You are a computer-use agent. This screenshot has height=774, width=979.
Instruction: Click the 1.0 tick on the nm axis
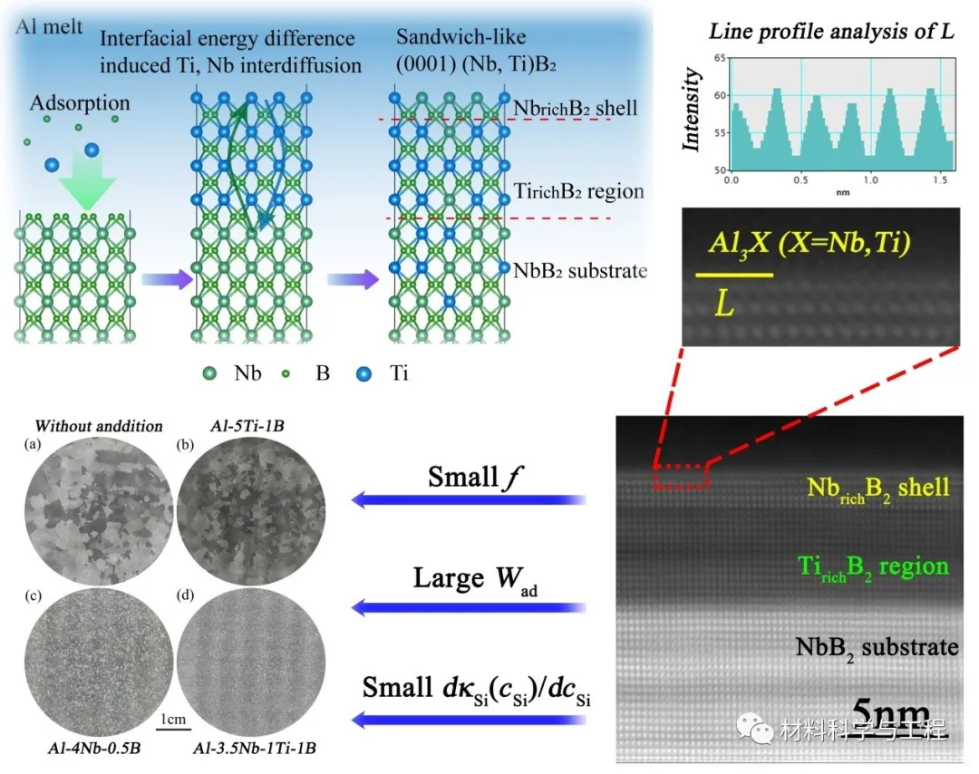pos(869,180)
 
